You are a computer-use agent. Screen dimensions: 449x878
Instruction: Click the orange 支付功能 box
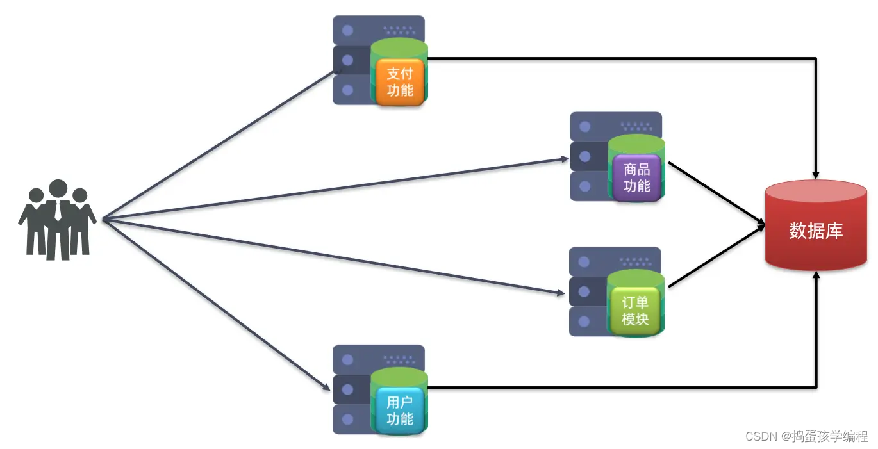click(x=400, y=81)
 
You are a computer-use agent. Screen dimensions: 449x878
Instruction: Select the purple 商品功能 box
click(x=636, y=178)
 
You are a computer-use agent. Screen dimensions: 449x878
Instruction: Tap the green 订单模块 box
click(x=635, y=311)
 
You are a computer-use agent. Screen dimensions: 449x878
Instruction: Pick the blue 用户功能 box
click(x=400, y=411)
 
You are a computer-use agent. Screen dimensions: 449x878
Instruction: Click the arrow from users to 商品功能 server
click(x=333, y=189)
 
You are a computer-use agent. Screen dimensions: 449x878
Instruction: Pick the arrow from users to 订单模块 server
click(x=333, y=257)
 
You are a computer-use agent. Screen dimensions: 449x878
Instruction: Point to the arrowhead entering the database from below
click(x=816, y=275)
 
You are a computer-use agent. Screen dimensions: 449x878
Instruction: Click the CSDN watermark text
click(x=806, y=436)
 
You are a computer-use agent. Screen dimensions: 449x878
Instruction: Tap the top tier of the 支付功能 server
click(x=378, y=29)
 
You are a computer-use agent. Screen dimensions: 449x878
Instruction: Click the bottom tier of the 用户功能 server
click(x=349, y=419)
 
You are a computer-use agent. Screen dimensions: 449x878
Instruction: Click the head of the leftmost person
click(x=37, y=195)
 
